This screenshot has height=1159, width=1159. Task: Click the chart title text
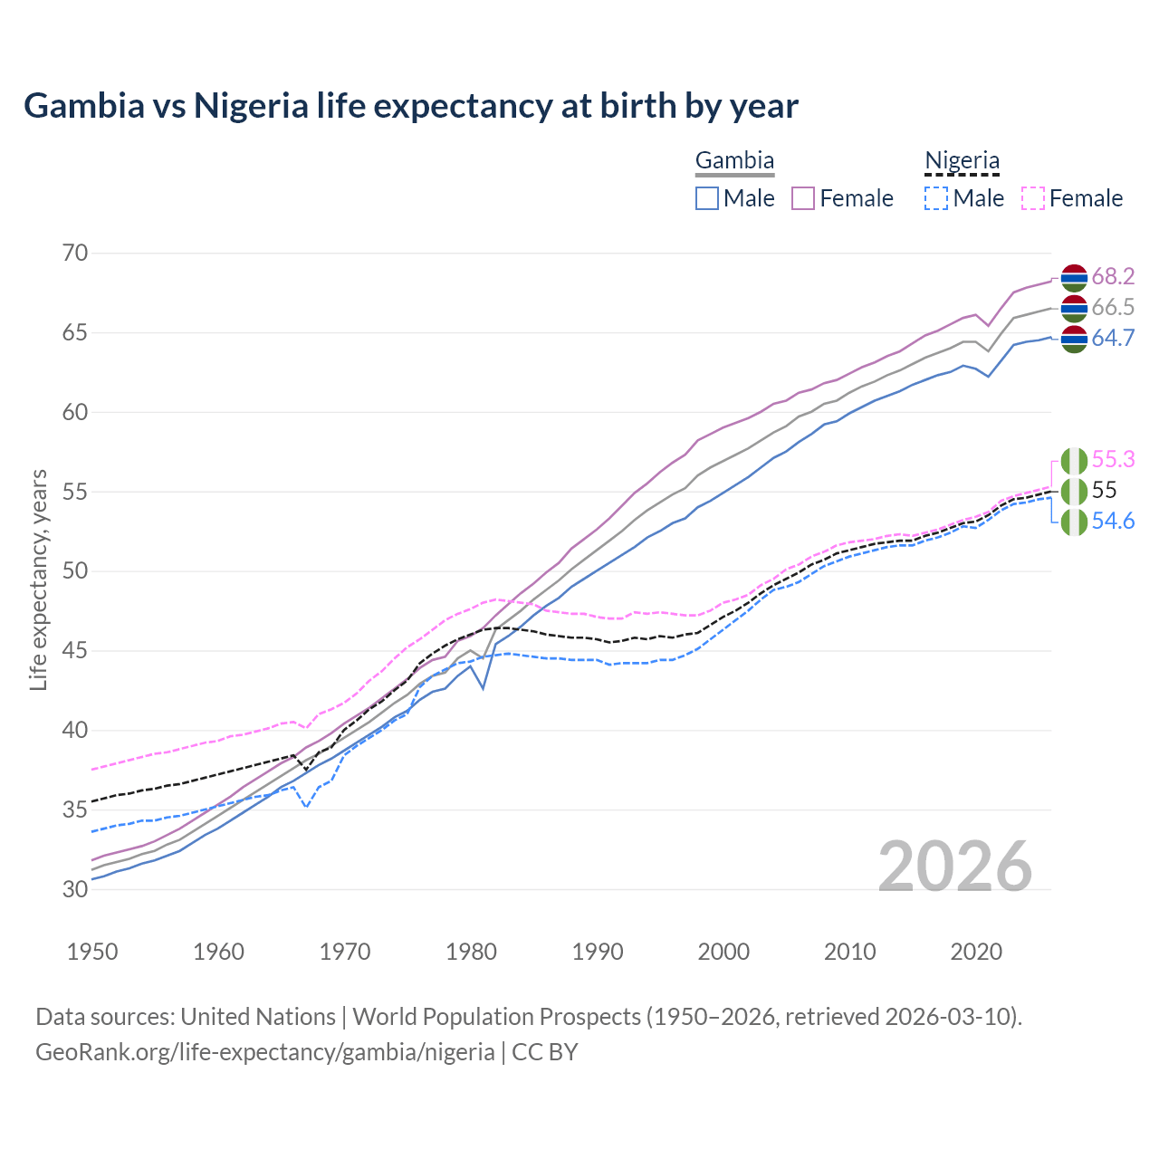(411, 106)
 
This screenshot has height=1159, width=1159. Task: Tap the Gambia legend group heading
(734, 161)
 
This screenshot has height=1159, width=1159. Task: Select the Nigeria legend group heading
(962, 161)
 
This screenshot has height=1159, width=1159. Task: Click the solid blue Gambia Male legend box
(707, 198)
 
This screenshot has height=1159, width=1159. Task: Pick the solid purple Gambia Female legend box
(803, 198)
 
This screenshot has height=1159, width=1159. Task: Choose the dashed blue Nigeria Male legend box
(936, 198)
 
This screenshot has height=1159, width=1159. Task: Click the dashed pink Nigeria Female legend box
(1032, 198)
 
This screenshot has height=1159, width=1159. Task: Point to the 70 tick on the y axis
(75, 253)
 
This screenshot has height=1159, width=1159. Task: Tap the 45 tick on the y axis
(75, 650)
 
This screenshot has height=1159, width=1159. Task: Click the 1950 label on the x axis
(92, 952)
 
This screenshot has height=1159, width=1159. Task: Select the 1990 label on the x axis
(598, 952)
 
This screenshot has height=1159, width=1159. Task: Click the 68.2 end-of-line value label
(1113, 276)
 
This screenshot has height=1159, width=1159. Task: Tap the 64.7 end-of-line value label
(1113, 339)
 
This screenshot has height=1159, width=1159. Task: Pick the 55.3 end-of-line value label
(1113, 460)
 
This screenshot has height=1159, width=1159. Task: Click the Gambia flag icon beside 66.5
(1074, 308)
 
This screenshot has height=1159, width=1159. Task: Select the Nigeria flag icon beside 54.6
(1074, 522)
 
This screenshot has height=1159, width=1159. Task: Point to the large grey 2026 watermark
(955, 867)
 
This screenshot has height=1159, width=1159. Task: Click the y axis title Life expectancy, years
(39, 579)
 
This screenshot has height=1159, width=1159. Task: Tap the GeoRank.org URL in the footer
(264, 1052)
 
